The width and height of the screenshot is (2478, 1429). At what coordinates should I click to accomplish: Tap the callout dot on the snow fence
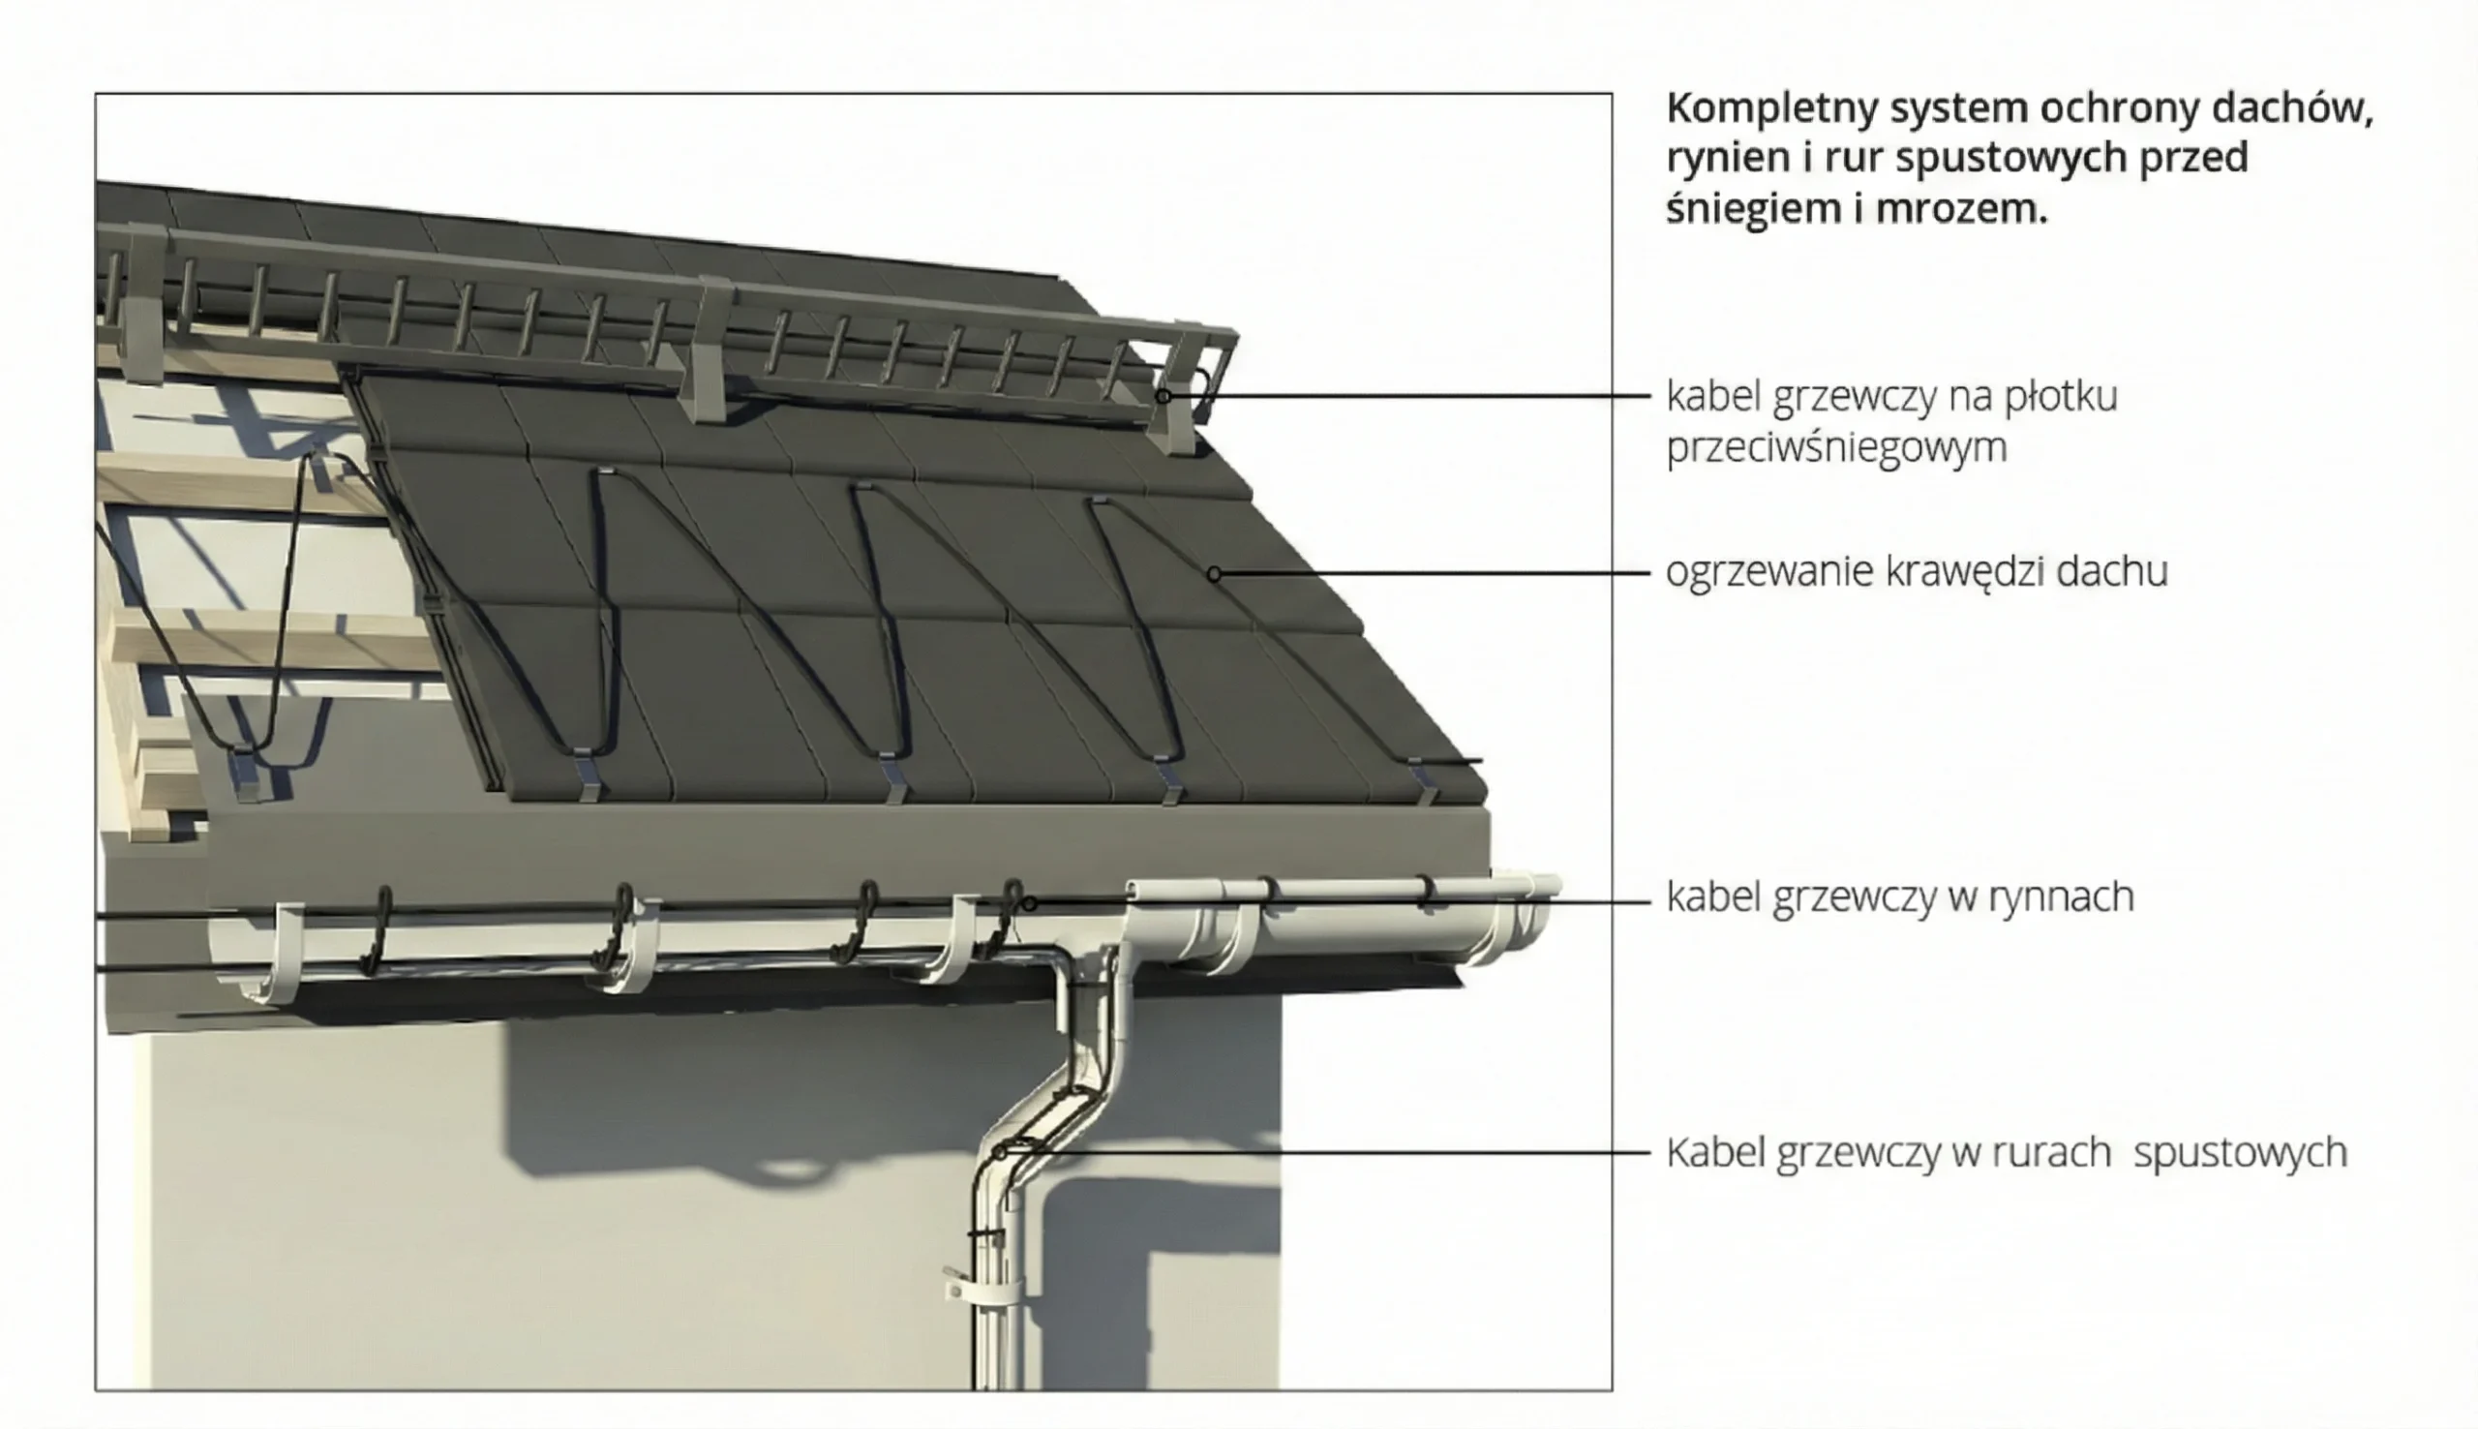(1163, 397)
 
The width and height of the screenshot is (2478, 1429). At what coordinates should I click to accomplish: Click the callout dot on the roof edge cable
(1215, 573)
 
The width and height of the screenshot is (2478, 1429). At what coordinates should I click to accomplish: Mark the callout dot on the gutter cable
(1029, 903)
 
